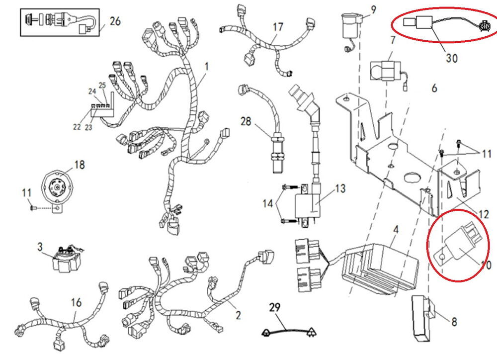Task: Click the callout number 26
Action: [x=115, y=21]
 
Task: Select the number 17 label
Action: [x=278, y=26]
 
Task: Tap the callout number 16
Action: [x=76, y=302]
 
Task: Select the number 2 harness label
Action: [x=238, y=315]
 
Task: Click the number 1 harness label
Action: [x=207, y=66]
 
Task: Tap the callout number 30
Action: [x=451, y=58]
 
